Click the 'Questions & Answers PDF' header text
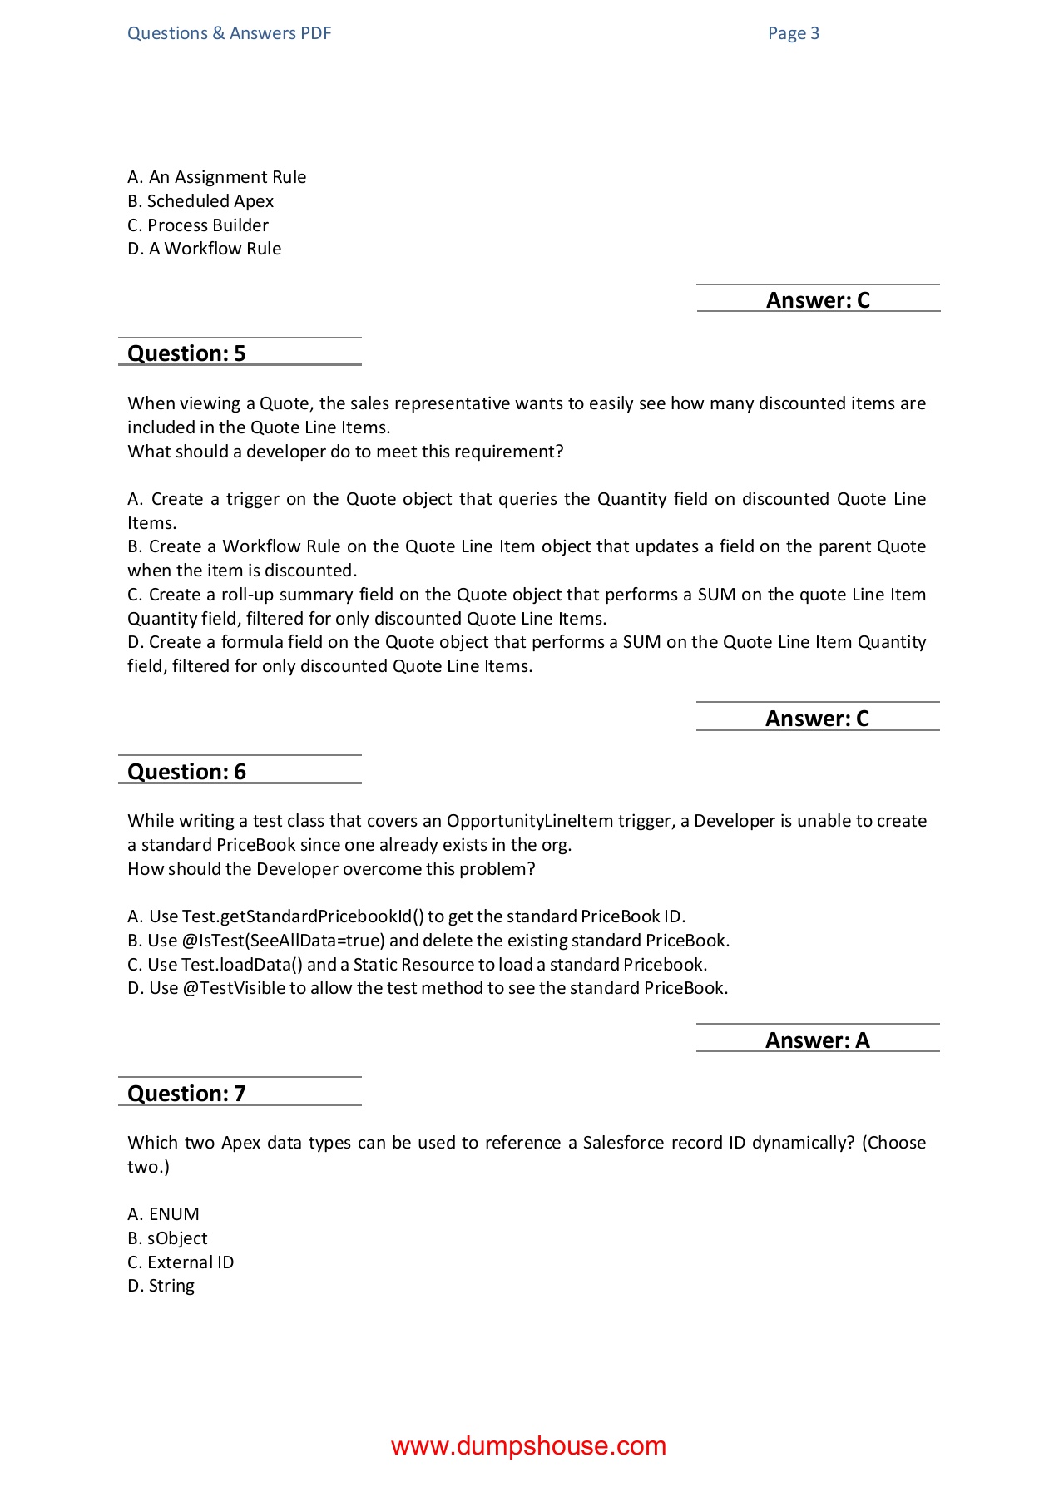229,33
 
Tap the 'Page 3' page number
793,33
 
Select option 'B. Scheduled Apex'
200,201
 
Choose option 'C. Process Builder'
198,225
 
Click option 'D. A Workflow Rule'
204,249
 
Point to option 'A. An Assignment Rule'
216,177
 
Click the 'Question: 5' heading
186,353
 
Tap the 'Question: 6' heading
186,772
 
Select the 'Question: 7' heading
186,1094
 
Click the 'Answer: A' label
817,1040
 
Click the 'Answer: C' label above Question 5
817,300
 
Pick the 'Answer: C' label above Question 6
817,719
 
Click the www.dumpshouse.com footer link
528,1446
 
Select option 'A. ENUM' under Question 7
163,1214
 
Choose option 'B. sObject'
167,1238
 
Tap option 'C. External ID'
181,1262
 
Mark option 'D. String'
161,1286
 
